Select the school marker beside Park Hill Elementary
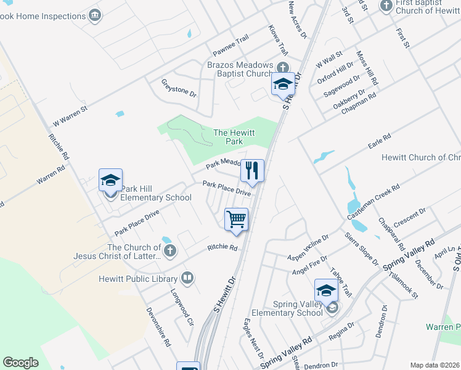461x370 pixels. [110, 180]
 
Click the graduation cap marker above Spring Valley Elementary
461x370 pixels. [326, 290]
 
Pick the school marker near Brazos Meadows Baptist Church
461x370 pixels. [283, 84]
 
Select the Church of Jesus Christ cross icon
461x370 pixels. [170, 251]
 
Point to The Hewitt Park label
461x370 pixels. [234, 137]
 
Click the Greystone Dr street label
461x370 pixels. [179, 88]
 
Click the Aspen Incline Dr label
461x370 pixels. [309, 247]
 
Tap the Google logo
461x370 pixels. [20, 363]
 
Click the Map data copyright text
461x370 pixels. [434, 365]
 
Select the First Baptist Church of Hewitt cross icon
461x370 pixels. [386, 6]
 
